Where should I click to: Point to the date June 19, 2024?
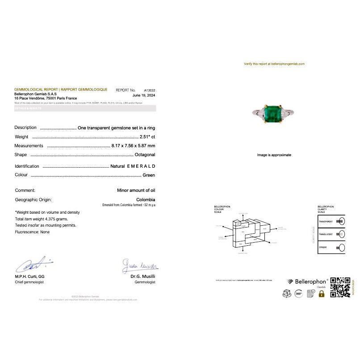[x=144, y=95]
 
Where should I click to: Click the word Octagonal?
[x=145, y=155]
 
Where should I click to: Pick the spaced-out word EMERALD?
[x=141, y=166]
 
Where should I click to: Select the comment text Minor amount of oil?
[x=136, y=190]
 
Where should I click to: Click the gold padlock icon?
[x=321, y=294]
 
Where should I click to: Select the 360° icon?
[x=299, y=294]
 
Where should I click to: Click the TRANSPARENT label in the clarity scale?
[x=326, y=221]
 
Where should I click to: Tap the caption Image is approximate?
[x=274, y=155]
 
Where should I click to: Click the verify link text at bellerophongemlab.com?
[x=274, y=64]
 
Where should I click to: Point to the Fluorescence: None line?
[x=32, y=232]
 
